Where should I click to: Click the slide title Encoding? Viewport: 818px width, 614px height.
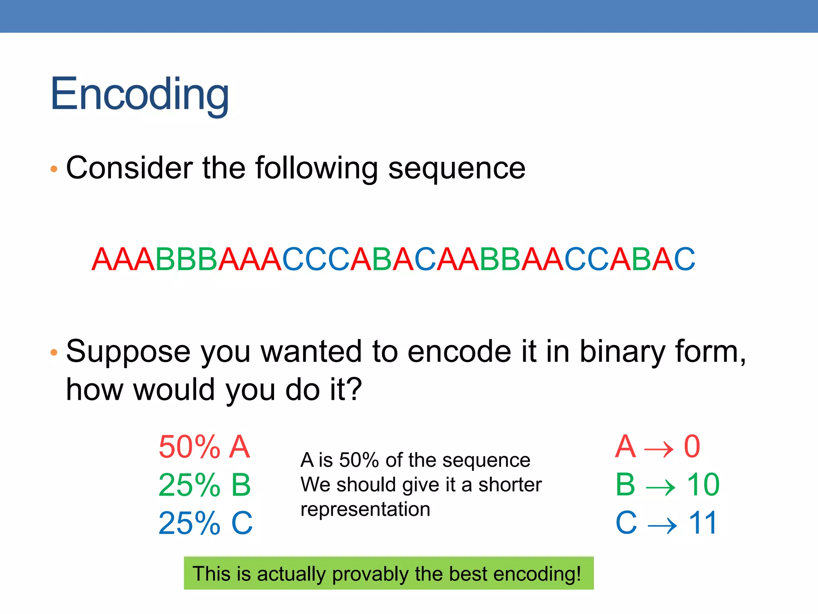(x=139, y=94)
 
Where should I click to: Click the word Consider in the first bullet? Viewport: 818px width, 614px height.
(x=129, y=168)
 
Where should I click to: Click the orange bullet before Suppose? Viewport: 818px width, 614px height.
(x=54, y=353)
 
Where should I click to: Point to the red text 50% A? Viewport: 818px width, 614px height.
(x=204, y=447)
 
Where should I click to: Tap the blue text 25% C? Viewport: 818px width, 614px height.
(x=205, y=523)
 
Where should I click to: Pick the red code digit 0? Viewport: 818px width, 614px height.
(x=692, y=447)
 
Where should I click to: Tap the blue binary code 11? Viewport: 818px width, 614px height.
(x=703, y=523)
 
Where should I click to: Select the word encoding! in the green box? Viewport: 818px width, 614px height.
(x=537, y=574)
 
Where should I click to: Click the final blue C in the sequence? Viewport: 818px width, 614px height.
(x=684, y=259)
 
